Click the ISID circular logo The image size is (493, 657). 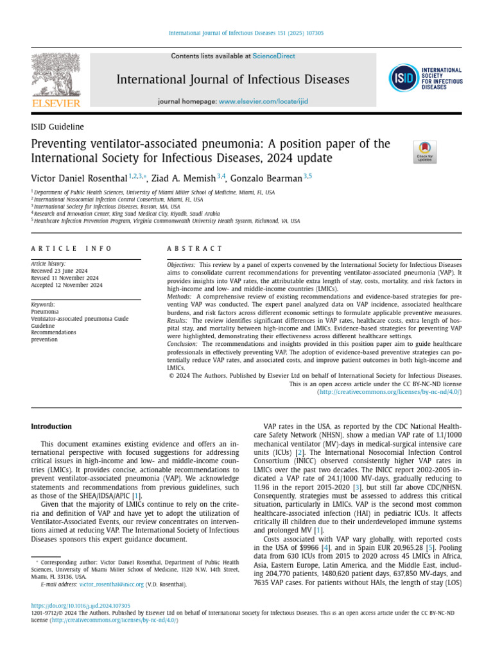point(403,78)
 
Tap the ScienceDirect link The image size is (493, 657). point(273,56)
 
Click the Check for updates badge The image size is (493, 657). point(424,151)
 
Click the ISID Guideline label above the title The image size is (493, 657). point(57,127)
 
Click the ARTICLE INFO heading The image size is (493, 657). point(71,248)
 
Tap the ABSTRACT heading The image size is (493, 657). point(195,248)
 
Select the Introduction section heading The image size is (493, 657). point(51,426)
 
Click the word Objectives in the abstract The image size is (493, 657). point(182,264)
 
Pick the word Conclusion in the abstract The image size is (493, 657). point(182,344)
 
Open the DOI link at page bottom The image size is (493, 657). point(81,605)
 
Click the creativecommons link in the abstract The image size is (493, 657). point(390,391)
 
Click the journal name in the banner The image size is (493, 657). point(232,80)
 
